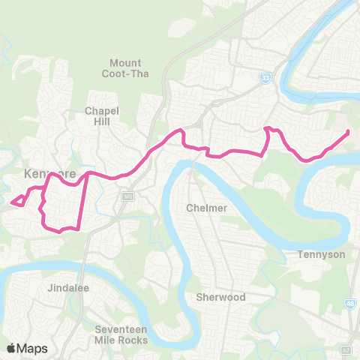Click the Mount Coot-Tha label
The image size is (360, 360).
click(125, 67)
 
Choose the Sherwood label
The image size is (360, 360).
click(220, 297)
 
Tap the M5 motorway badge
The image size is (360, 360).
click(127, 196)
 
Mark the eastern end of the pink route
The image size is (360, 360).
click(348, 133)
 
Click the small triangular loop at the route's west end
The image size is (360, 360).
click(19, 200)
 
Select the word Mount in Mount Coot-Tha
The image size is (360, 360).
click(125, 62)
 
